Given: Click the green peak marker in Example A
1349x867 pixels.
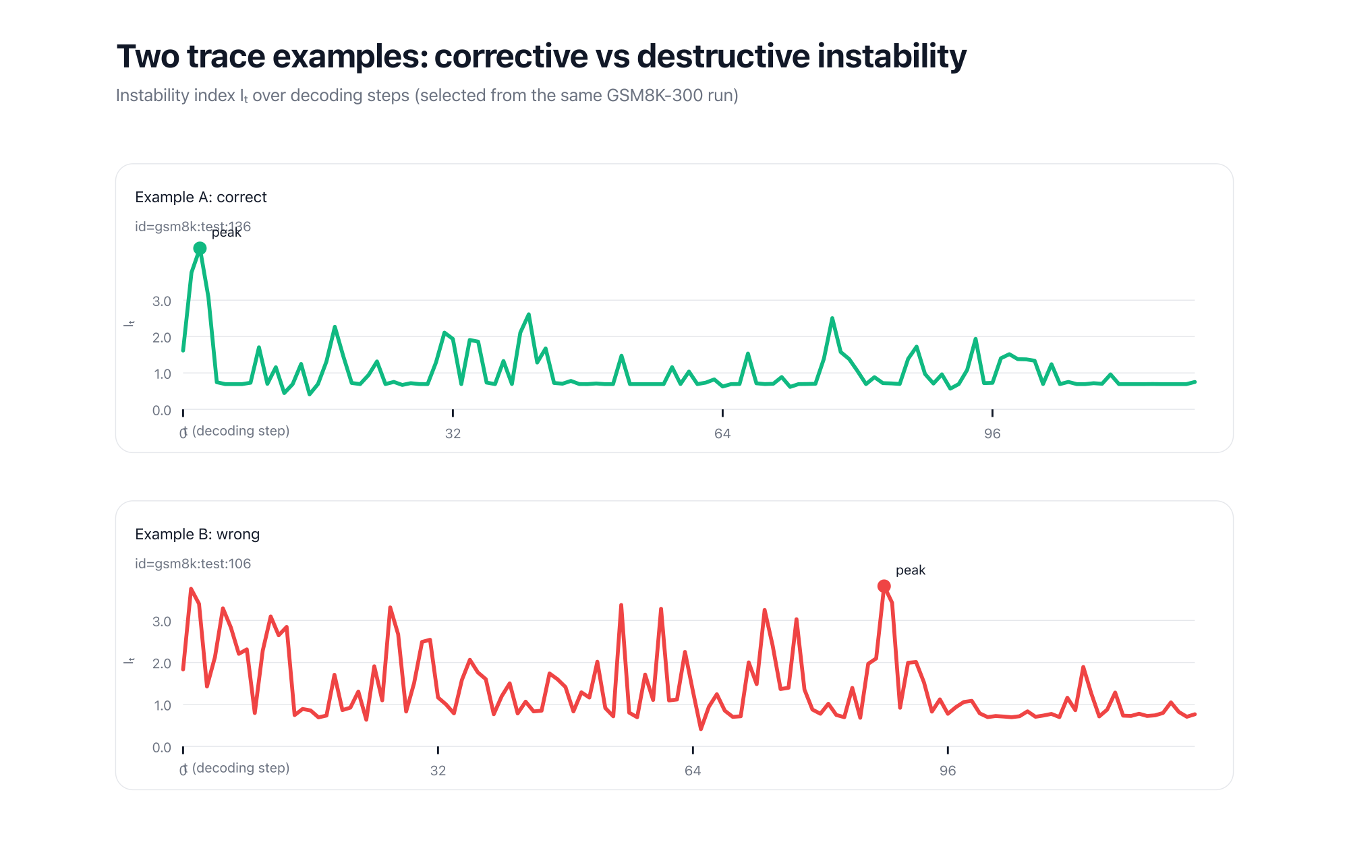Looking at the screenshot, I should point(200,249).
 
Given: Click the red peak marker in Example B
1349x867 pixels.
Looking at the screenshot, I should point(884,587).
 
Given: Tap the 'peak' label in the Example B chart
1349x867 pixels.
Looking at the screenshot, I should point(910,570).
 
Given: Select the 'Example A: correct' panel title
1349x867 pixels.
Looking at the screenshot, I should point(200,198).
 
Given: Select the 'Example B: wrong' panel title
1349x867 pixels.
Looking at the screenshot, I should point(197,535).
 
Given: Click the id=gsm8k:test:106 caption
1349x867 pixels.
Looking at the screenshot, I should point(193,564).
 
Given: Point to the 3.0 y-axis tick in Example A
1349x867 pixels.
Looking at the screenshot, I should point(162,301).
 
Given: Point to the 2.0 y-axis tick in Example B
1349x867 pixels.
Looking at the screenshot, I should point(162,663).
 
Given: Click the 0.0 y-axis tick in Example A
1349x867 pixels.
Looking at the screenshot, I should point(162,411).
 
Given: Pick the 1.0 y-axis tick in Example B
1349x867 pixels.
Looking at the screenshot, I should point(162,706).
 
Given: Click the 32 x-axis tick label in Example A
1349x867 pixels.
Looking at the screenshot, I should point(453,433).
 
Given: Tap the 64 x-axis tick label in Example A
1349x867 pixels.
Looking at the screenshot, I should point(722,433).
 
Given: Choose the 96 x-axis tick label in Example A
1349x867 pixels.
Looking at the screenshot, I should point(992,433).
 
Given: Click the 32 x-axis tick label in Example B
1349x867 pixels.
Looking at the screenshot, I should point(438,771).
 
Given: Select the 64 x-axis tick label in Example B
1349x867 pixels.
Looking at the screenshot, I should point(693,771).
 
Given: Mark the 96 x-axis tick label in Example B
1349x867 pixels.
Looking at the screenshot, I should point(948,771).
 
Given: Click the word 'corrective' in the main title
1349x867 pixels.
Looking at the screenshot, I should point(511,57).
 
